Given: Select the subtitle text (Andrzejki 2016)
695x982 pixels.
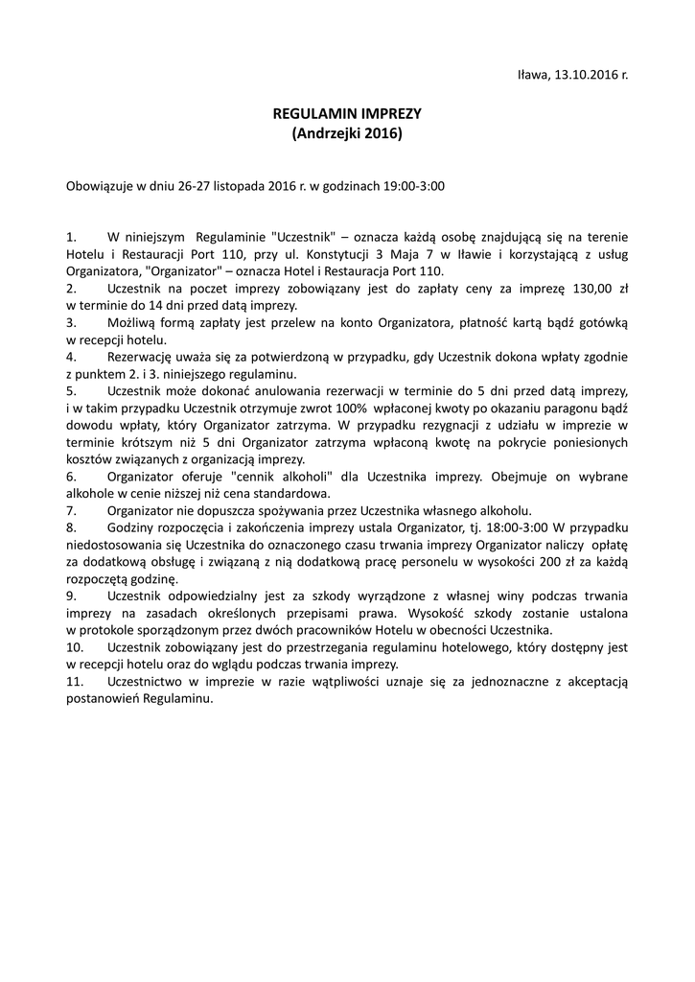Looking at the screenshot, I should point(347,134).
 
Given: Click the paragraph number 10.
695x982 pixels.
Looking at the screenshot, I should point(74,649).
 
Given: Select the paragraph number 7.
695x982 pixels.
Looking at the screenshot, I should point(70,511).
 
